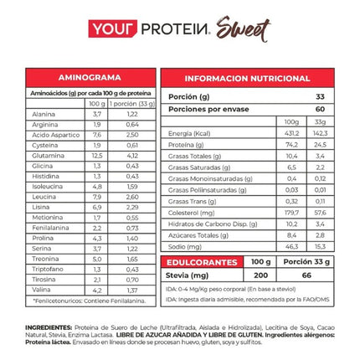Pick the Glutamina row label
click(x=44, y=154)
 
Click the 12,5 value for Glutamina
click(x=97, y=154)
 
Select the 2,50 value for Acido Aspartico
click(x=132, y=134)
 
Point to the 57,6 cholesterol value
click(x=319, y=212)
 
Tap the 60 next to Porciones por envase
click(x=319, y=108)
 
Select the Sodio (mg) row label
click(x=183, y=246)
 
